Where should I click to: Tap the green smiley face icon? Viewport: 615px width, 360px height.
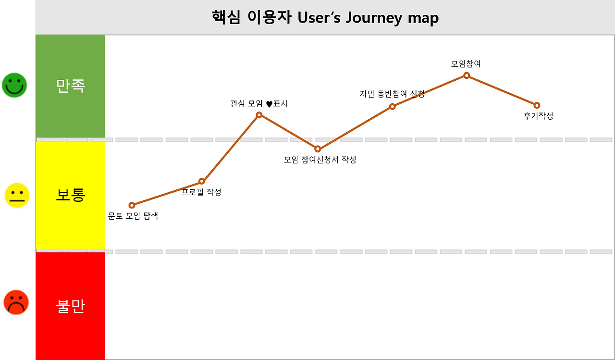[14, 85]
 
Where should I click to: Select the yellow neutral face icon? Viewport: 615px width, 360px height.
[17, 195]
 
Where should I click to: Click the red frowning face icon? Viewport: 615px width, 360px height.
[16, 302]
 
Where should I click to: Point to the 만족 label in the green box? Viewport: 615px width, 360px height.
[71, 86]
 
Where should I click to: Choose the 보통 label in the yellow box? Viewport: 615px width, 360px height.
[71, 195]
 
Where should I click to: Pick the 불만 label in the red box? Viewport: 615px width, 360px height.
[71, 306]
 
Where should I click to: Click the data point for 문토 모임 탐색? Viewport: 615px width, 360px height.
[132, 205]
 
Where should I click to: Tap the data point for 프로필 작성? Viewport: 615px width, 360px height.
[202, 181]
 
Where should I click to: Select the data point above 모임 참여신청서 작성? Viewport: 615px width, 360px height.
[318, 149]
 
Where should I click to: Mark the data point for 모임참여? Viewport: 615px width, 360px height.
[467, 75]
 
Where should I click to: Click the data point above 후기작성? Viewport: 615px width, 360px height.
[537, 105]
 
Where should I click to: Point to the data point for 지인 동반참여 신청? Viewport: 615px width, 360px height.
[392, 106]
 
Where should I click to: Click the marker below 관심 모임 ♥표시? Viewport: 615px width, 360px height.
[259, 115]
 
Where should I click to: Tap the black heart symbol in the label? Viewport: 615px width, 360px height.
[269, 104]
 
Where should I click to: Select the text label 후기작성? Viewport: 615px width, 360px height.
[538, 116]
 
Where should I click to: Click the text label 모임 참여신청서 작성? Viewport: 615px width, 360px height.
[320, 160]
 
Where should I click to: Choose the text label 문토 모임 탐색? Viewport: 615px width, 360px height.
[133, 216]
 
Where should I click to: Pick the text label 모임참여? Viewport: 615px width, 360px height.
[466, 64]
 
